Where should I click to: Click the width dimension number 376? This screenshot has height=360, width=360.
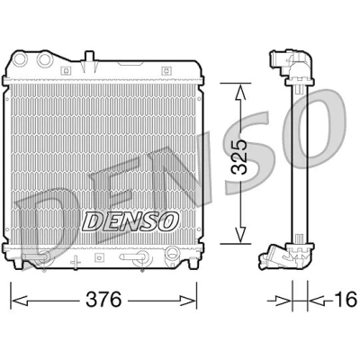click(103, 300)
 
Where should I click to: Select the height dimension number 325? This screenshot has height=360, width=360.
click(239, 157)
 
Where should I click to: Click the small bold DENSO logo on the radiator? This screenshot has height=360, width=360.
click(130, 220)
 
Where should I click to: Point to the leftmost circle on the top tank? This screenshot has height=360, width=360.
click(21, 59)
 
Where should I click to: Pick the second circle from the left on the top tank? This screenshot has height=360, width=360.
click(45, 59)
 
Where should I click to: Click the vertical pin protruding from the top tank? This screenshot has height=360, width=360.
click(89, 61)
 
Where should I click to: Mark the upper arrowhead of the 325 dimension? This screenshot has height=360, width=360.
click(240, 93)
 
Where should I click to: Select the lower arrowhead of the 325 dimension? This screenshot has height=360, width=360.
click(240, 234)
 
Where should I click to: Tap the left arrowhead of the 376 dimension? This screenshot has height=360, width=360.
click(20, 300)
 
